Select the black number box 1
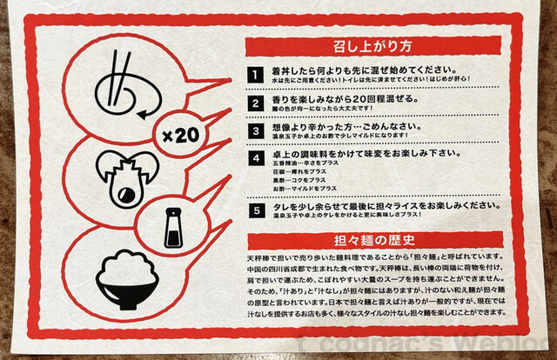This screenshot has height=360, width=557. [255, 74]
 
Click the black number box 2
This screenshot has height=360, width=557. [255, 103]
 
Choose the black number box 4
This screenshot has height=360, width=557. [255, 158]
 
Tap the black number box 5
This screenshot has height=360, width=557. [255, 210]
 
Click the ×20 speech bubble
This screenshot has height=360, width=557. [182, 136]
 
